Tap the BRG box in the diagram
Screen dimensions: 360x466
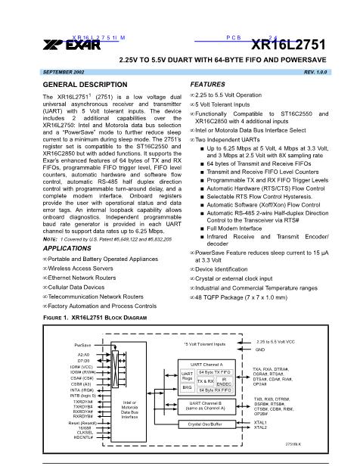(x=187, y=387)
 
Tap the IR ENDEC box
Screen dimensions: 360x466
(x=231, y=383)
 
